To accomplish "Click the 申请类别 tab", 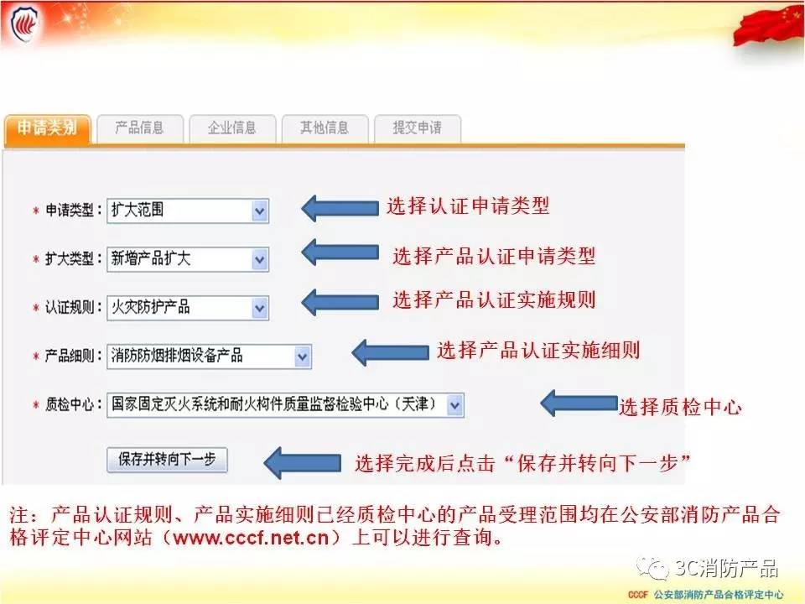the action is pyautogui.click(x=47, y=128).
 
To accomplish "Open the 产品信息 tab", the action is pyautogui.click(x=140, y=128).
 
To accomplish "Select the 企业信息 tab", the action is pyautogui.click(x=232, y=128).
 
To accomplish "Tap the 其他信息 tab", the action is pyautogui.click(x=325, y=128).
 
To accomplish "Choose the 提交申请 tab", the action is pyautogui.click(x=417, y=128).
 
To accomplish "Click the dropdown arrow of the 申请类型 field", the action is pyautogui.click(x=260, y=211).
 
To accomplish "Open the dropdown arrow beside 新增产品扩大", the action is pyautogui.click(x=260, y=259).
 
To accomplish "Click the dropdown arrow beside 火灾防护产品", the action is pyautogui.click(x=260, y=308).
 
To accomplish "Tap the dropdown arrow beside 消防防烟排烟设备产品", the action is pyautogui.click(x=303, y=357).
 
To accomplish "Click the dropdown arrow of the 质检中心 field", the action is pyautogui.click(x=454, y=405).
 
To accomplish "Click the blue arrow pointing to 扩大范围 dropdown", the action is pyautogui.click(x=340, y=208).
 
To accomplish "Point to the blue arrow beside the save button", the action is pyautogui.click(x=303, y=462).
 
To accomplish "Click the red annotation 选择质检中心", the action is pyautogui.click(x=680, y=408).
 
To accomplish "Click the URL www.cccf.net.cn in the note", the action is pyautogui.click(x=251, y=537).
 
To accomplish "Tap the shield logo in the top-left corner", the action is pyautogui.click(x=23, y=24).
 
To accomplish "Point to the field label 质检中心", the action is pyautogui.click(x=70, y=405).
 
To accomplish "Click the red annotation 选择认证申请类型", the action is pyautogui.click(x=468, y=206).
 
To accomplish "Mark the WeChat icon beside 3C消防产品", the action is pyautogui.click(x=652, y=568).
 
